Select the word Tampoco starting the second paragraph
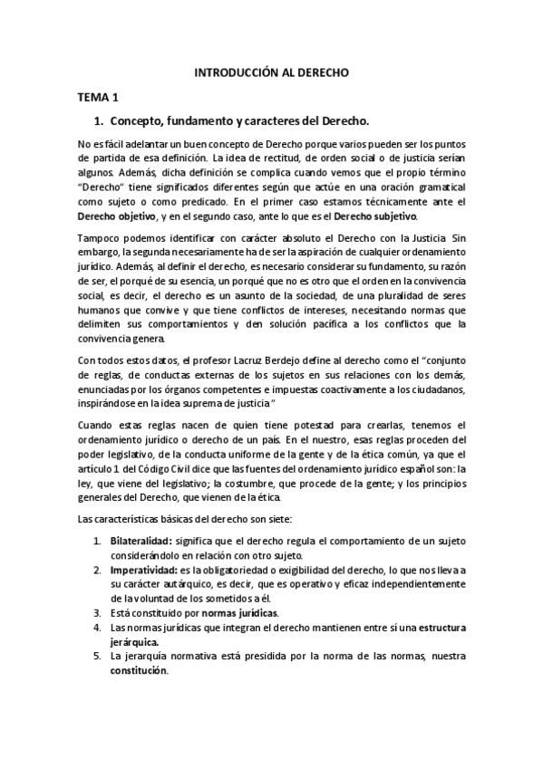click(99, 237)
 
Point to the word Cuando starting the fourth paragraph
click(97, 426)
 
